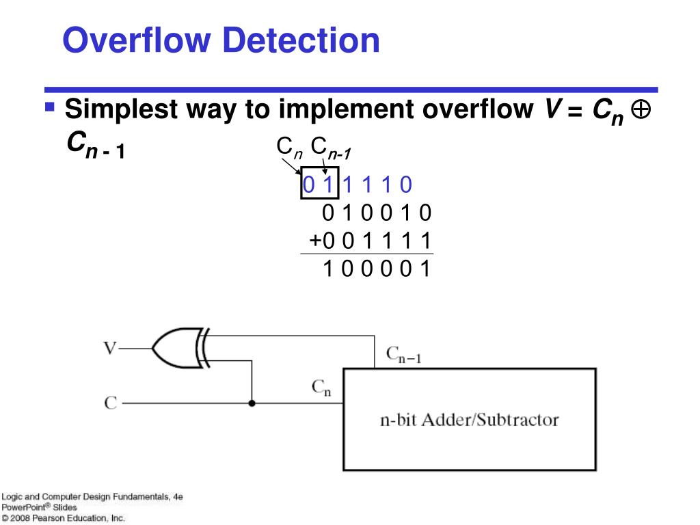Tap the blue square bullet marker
point(49,107)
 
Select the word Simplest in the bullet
point(116,109)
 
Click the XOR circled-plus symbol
point(641,109)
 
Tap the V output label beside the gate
point(109,348)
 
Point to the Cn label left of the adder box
point(321,388)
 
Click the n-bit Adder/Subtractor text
point(469,419)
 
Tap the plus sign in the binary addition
point(314,241)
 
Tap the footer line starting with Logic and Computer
point(92,496)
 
